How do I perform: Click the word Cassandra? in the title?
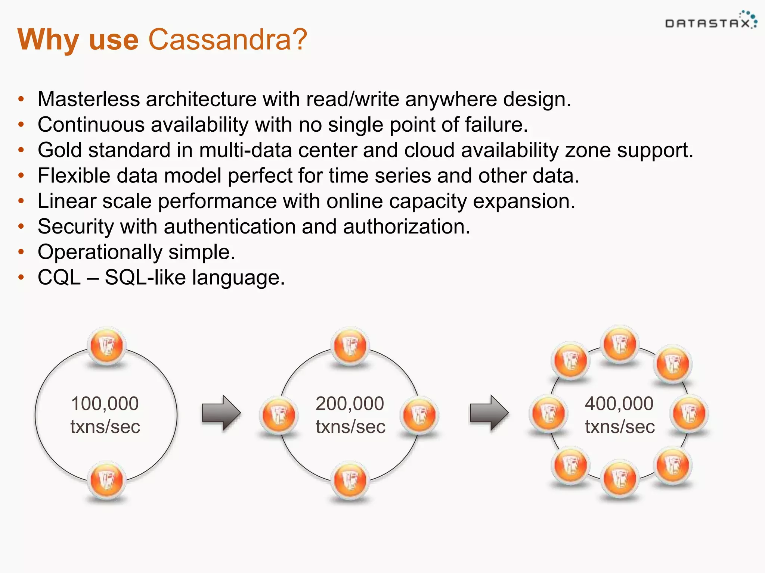pos(228,40)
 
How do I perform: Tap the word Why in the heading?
pos(48,40)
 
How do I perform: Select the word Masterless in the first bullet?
pos(89,99)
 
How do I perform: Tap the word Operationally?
pos(100,252)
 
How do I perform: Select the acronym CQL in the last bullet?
pos(59,278)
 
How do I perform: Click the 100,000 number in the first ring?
pos(105,404)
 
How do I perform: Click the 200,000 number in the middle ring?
pos(350,404)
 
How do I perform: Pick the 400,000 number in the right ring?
pos(619,404)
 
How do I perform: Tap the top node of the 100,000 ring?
pos(107,346)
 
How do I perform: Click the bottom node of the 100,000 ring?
pos(107,480)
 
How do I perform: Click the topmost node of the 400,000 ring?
pos(620,344)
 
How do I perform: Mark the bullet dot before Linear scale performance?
pos(21,201)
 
